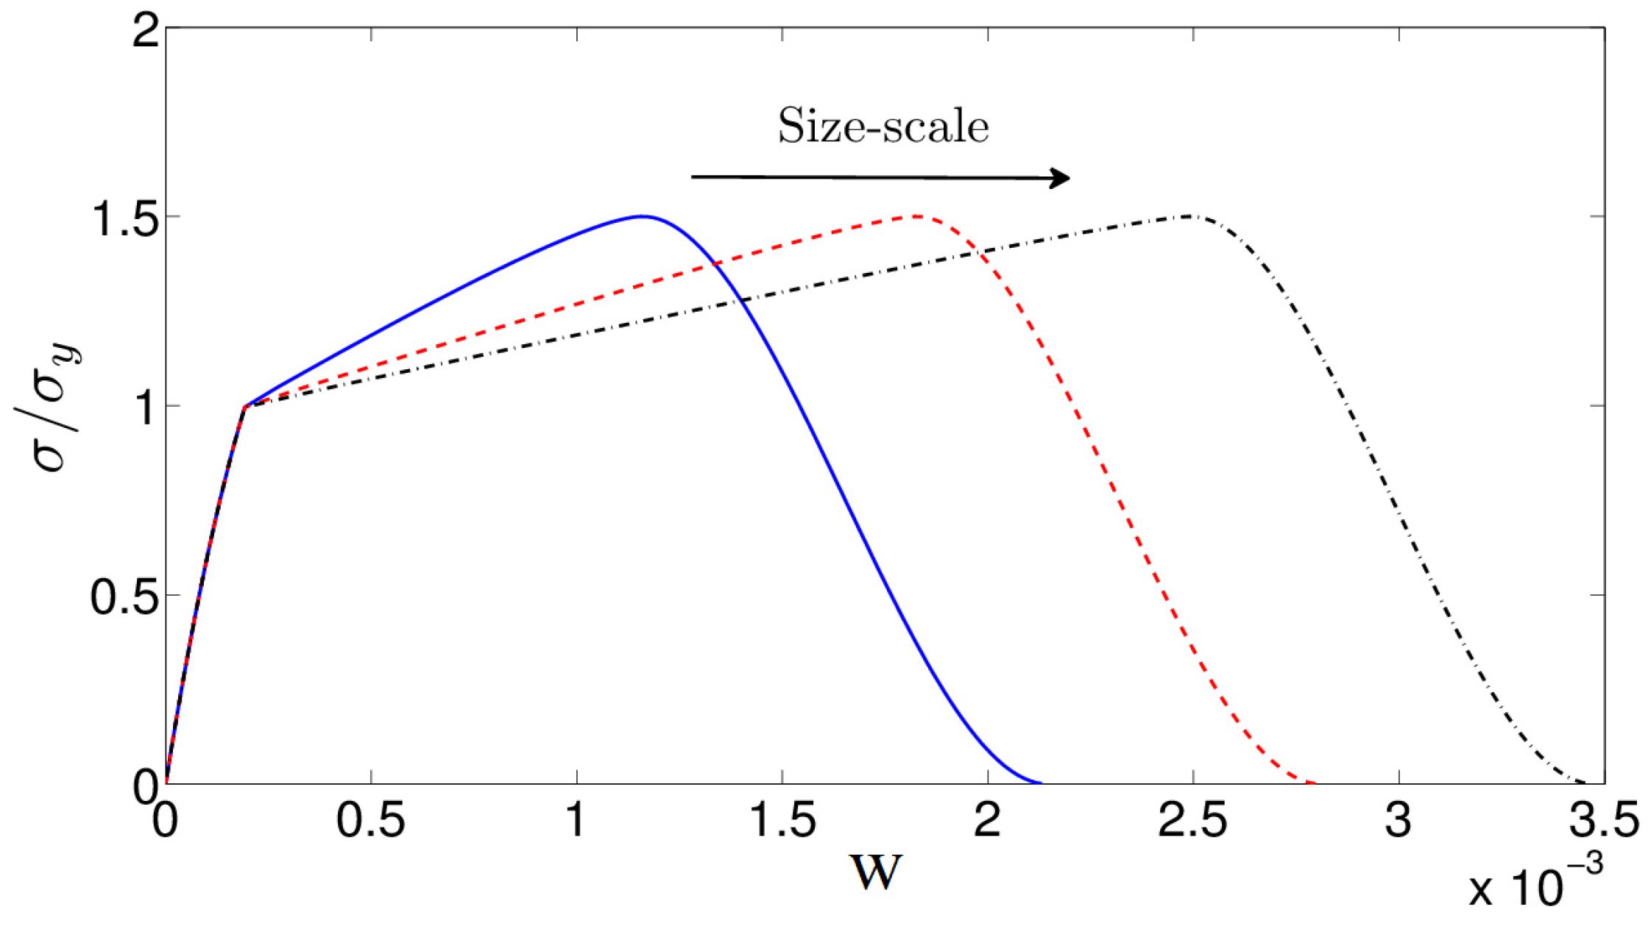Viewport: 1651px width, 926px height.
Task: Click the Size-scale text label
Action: coord(883,127)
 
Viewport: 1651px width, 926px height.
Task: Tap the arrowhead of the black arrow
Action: coord(1061,178)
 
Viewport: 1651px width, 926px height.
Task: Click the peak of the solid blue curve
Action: coord(642,216)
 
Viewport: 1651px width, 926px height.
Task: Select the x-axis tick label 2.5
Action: coord(1192,821)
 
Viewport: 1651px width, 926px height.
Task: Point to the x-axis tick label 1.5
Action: coord(782,821)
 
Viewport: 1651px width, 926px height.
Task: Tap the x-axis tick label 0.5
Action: coord(371,821)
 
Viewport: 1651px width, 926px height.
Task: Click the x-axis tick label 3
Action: coord(1398,821)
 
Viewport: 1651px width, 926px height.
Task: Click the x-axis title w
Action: coord(875,872)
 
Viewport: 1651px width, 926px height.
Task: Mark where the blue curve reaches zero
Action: coord(1040,783)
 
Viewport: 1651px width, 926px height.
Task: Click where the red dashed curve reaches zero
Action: coord(1314,783)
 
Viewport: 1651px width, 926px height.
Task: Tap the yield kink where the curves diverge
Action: coord(245,406)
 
